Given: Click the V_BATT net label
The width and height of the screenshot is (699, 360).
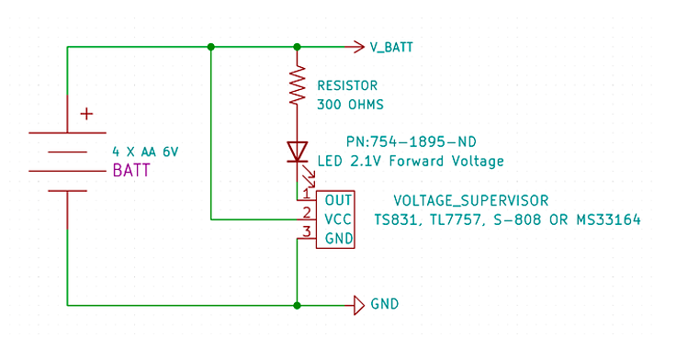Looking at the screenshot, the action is coord(391,47).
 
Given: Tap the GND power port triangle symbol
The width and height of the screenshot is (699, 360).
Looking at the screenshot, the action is coord(359,306).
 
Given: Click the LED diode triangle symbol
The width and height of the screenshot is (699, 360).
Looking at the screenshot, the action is coord(298,152).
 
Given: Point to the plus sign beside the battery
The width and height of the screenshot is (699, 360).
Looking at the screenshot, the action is coord(86,114).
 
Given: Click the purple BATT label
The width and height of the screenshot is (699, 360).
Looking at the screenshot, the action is coord(131,170).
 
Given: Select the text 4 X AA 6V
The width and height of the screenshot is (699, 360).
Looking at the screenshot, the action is coord(145,152).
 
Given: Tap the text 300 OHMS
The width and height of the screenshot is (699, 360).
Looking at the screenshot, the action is coord(350,105).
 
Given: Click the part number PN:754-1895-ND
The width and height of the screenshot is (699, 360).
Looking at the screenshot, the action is coord(411,142).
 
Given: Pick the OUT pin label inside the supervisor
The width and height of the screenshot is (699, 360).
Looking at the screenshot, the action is coord(338,200).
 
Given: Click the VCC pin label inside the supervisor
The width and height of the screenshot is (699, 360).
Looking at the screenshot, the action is coord(338,219).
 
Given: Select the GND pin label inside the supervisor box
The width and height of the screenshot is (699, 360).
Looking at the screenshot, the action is coord(339,239).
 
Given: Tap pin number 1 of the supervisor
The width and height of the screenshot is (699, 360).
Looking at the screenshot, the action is coord(306,194).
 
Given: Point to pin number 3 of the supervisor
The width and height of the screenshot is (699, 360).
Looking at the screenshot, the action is coord(307,231).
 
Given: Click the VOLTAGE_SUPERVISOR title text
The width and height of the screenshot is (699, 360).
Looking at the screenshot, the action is coord(471,201).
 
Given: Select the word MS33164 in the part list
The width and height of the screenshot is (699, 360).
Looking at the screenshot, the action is coord(608,219).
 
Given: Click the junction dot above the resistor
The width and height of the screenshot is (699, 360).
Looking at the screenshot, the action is coord(298,47).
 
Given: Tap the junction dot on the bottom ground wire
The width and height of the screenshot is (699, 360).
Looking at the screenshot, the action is coord(298,306).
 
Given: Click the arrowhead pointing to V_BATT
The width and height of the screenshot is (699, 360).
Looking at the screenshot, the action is coord(359,47).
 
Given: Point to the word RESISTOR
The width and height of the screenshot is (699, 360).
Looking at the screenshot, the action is coord(347,85).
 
